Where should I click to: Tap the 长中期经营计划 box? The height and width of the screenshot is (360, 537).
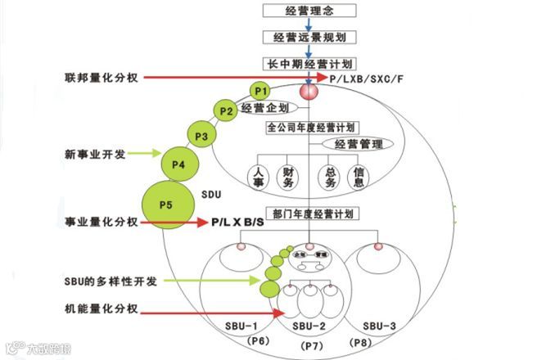tap(309, 63)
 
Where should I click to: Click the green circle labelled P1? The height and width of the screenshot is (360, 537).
tap(260, 89)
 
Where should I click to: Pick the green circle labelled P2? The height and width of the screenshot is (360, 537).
tap(225, 110)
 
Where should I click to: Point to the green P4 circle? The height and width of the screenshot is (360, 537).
tap(179, 165)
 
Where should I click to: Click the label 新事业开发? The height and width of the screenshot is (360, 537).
tap(95, 153)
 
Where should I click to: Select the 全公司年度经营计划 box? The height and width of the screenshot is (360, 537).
tap(309, 128)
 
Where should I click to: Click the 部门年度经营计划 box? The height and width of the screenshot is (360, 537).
tap(310, 214)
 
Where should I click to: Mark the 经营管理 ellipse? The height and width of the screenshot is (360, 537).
tap(357, 143)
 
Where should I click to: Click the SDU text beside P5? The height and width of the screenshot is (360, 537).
tap(212, 195)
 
